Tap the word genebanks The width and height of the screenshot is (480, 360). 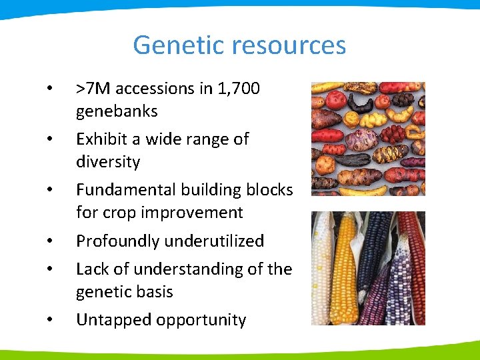click(x=117, y=111)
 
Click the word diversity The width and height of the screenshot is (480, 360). click(x=108, y=162)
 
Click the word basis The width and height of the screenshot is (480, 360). click(x=153, y=291)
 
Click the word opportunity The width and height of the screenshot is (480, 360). click(x=201, y=320)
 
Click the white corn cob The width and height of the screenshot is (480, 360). click(x=323, y=267)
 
